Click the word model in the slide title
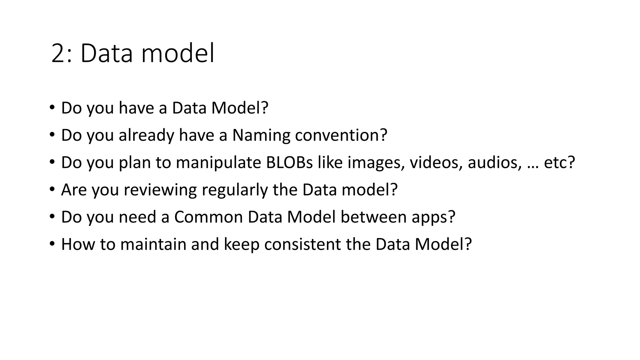point(178,53)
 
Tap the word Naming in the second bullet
point(261,135)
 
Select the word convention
point(341,135)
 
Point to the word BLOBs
point(289,162)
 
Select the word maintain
point(153,244)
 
